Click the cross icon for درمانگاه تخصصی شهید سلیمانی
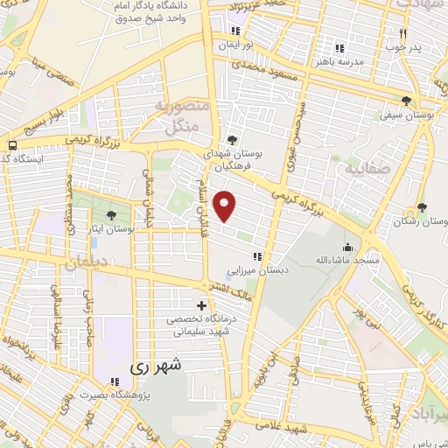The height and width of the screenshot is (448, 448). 203,306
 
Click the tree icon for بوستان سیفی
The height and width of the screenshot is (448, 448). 405,101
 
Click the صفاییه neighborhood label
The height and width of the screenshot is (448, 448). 364,168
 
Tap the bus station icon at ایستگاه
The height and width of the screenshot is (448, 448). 12,145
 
